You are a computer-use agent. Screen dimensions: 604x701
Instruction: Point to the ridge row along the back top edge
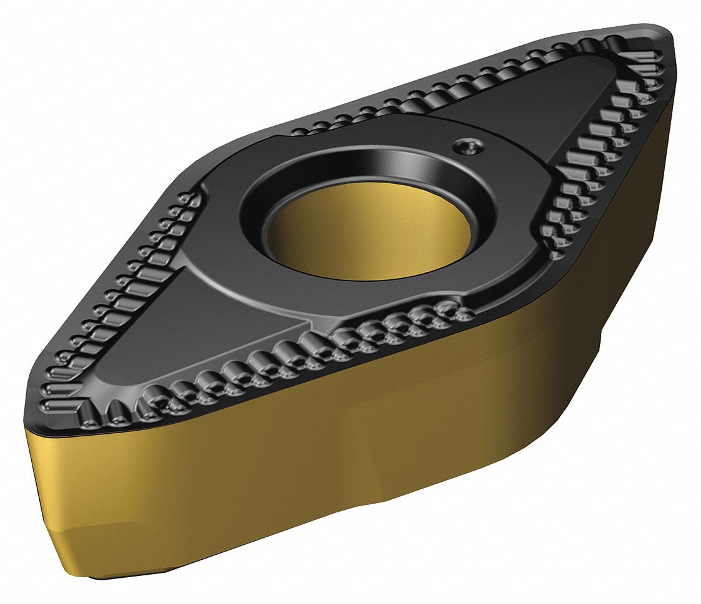pos(436,81)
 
